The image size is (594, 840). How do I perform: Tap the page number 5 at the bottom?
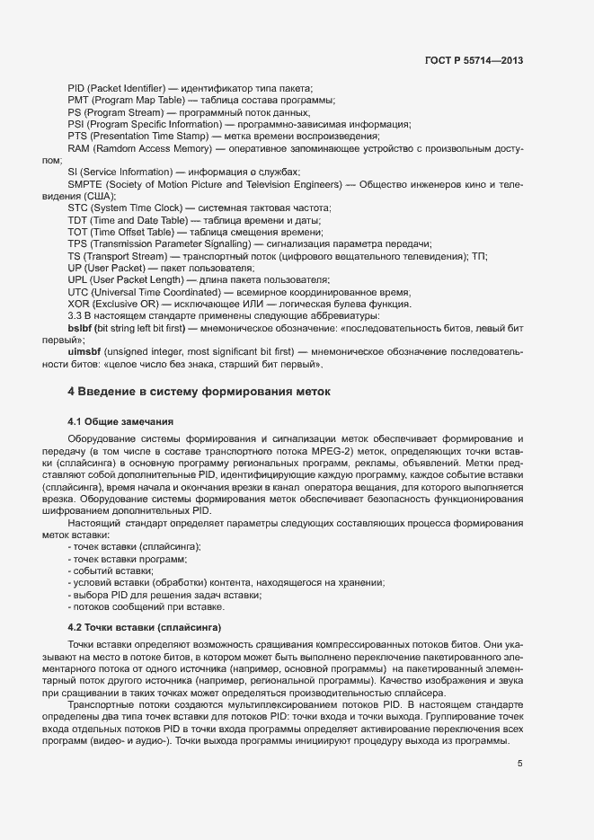[519, 764]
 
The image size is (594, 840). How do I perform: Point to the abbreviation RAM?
[79, 147]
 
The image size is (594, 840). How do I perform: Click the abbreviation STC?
[78, 208]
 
